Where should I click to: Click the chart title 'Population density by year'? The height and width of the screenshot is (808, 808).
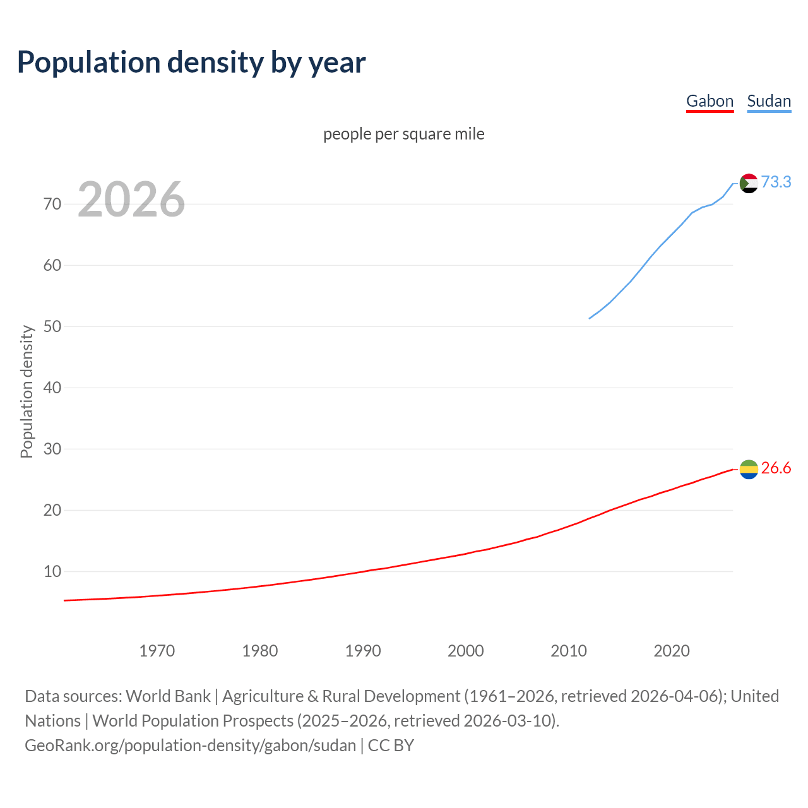point(191,62)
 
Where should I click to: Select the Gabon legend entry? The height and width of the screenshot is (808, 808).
point(710,101)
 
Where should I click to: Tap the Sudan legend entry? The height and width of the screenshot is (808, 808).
point(768,101)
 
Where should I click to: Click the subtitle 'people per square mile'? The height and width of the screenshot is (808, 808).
point(403,134)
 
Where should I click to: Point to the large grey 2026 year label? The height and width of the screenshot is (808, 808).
point(131,199)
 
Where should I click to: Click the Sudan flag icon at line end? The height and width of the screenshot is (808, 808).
point(748,183)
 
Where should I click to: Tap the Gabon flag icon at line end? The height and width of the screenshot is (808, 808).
point(748,469)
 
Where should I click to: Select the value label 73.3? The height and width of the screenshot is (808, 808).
point(776,182)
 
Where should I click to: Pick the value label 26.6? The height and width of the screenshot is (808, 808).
point(776,468)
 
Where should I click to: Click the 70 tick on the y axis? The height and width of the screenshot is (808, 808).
point(52,204)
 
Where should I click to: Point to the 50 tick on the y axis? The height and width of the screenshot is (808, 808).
point(52,326)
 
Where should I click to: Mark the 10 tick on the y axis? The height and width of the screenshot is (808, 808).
point(52,571)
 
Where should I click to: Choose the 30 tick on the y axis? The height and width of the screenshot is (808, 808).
point(52,449)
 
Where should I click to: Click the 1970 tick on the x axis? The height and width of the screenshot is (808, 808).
point(157,650)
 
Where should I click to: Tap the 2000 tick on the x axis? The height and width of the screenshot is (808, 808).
point(466,650)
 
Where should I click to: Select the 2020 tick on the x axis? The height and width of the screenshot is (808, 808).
point(672,650)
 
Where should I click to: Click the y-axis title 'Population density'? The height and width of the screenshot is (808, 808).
point(27,391)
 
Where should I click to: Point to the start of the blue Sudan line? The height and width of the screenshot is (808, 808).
point(590,318)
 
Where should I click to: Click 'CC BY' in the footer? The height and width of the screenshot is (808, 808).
point(391,745)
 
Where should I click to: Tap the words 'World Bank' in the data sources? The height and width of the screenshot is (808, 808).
point(168,696)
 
